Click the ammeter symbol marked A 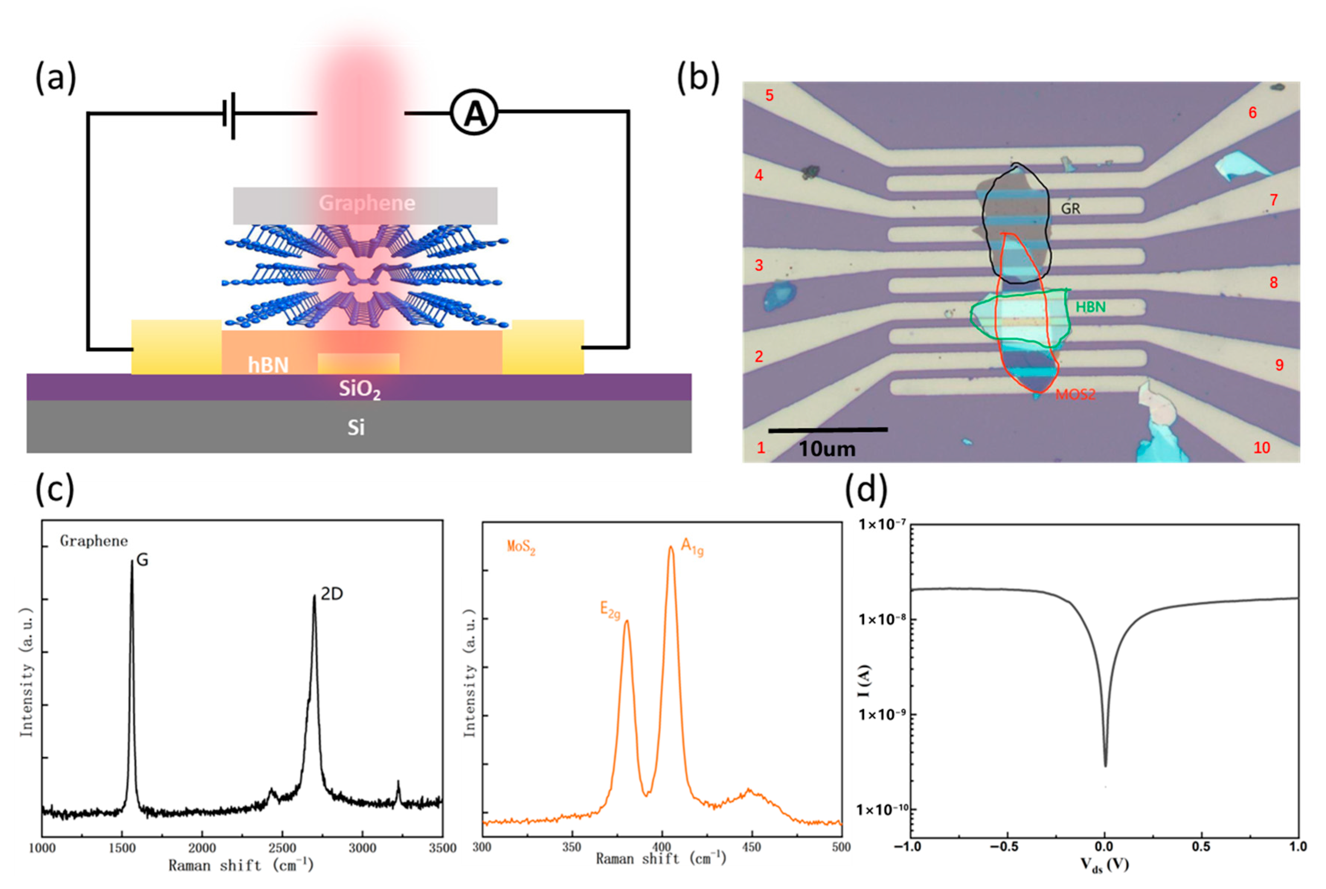[474, 112]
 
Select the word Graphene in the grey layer [367, 203]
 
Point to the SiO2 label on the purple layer [359, 389]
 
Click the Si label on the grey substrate [356, 427]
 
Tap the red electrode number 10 [1261, 448]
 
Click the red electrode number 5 [769, 95]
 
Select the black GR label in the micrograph [1070, 209]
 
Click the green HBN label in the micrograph [1090, 307]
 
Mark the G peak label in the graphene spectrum [142, 560]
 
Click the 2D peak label [332, 594]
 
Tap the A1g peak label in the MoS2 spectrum [691, 547]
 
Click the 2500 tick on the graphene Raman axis [282, 848]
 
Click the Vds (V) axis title [1104, 864]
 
